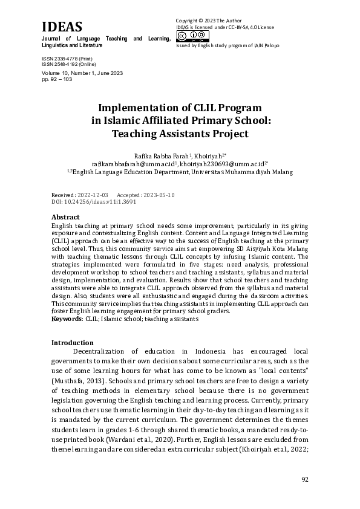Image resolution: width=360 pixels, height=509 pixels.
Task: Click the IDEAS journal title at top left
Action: pos(62,27)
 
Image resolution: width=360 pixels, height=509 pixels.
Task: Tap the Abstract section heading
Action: pos(65,217)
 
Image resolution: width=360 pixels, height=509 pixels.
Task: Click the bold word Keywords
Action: pos(66,318)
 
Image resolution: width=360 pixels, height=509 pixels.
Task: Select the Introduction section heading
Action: pos(72,342)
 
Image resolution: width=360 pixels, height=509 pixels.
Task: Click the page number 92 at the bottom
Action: pos(305,479)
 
